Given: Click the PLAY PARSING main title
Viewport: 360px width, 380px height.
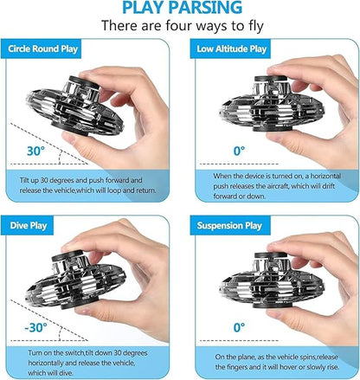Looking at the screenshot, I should point(179,10).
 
